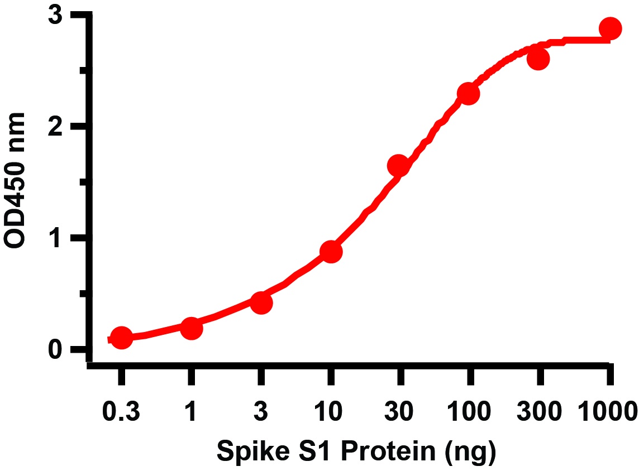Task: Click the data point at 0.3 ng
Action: point(121,338)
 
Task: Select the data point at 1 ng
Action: point(191,328)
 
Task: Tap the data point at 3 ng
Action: point(261,303)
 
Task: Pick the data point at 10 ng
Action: point(331,252)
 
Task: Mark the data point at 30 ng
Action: point(399,166)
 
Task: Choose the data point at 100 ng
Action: point(468,94)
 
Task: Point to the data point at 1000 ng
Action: point(610,28)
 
